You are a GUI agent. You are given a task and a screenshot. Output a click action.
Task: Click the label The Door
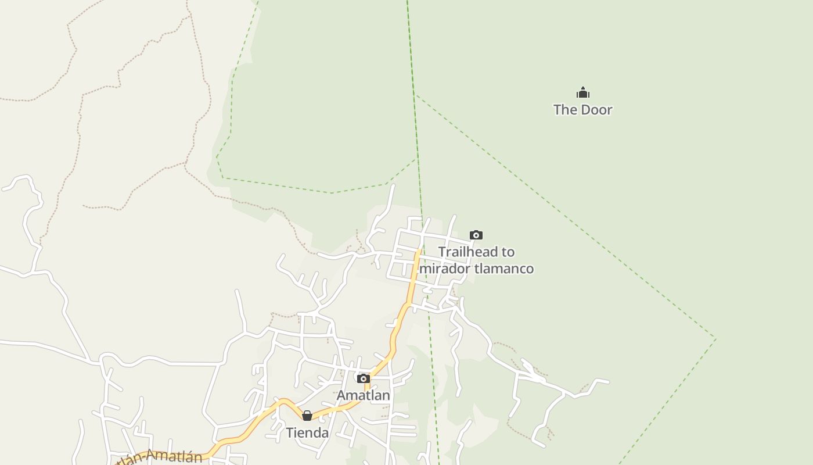582,109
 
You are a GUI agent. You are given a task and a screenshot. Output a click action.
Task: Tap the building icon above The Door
582,92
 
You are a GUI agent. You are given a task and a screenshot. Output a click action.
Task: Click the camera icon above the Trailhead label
476,235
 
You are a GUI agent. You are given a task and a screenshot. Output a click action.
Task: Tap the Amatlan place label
363,395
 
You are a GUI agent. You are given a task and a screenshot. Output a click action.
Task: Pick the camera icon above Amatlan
363,379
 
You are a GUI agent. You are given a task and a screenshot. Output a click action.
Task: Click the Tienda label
307,432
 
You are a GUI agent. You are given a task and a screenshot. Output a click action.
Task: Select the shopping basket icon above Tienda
307,416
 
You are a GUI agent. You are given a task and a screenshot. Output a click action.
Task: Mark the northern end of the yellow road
418,251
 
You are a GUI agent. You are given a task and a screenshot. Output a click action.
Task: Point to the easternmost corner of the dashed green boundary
715,339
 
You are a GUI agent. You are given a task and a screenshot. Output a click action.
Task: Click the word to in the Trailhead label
508,252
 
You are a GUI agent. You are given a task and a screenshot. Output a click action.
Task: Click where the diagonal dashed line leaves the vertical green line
415,94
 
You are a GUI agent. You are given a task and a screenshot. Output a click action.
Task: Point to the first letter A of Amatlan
341,395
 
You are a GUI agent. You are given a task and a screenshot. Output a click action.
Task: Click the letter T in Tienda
289,432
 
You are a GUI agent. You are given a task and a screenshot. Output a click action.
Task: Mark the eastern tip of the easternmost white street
608,382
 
